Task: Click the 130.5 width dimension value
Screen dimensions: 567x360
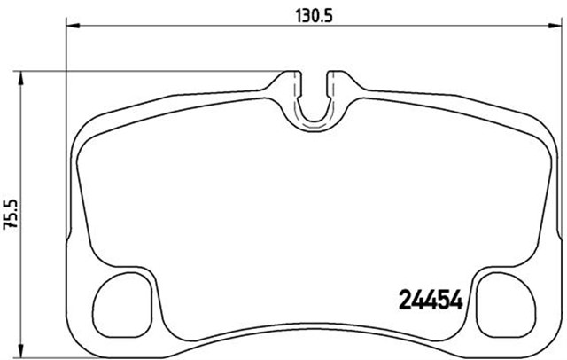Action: point(314,15)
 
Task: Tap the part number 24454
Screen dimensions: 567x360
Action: point(431,301)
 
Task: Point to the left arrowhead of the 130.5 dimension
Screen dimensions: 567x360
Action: point(74,26)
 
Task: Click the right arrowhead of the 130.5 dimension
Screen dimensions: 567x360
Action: point(553,26)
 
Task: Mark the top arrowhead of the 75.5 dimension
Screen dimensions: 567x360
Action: point(20,77)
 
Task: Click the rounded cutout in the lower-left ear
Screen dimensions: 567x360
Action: point(122,304)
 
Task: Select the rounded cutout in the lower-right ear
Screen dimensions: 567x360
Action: point(506,304)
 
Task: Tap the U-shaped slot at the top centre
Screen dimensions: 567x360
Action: point(314,120)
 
